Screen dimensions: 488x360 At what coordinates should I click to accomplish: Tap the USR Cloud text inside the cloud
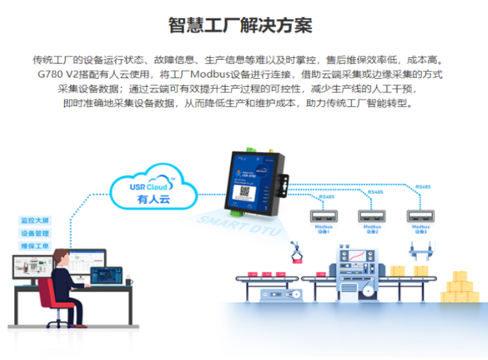click(149, 187)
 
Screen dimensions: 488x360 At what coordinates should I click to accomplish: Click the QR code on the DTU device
click(244, 191)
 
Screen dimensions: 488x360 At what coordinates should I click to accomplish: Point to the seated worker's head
click(61, 256)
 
